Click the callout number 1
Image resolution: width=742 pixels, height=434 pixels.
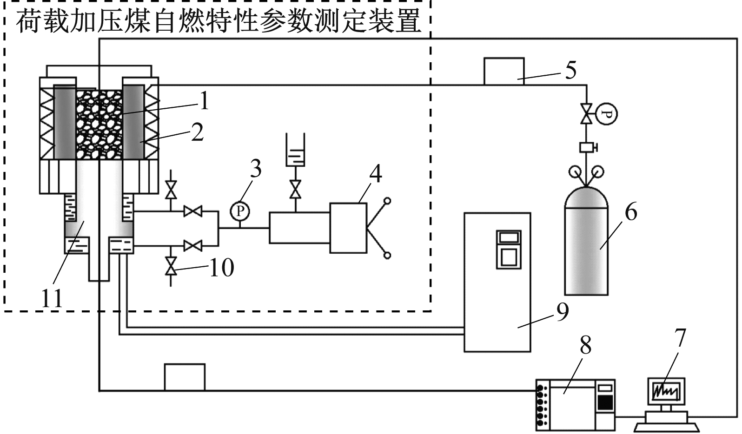tap(203, 101)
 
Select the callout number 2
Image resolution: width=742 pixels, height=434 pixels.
tap(197, 132)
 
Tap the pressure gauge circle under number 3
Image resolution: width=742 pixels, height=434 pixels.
tap(240, 211)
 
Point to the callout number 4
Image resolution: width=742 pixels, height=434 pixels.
tap(375, 174)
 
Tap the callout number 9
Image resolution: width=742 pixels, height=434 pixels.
tap(562, 312)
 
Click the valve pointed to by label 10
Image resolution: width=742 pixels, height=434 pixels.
tap(171, 266)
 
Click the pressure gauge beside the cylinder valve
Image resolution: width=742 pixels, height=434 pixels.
tap(607, 113)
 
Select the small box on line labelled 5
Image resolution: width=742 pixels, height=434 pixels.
tap(504, 71)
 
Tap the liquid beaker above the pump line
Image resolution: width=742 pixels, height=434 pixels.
tap(295, 150)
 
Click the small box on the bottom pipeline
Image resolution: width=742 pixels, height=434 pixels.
tap(185, 377)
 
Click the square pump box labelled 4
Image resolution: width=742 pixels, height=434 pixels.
tap(348, 228)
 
